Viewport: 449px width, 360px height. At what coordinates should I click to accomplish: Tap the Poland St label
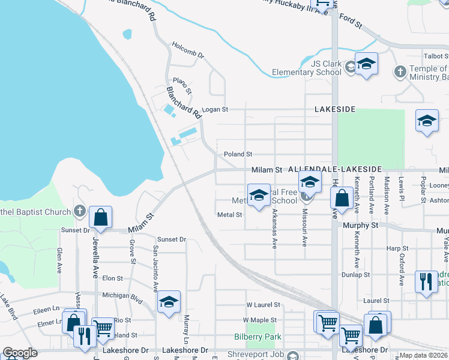pyautogui.click(x=238, y=155)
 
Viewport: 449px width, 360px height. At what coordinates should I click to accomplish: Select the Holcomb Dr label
pyautogui.click(x=188, y=50)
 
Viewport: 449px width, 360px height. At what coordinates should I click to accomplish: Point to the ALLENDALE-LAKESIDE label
pyautogui.click(x=335, y=170)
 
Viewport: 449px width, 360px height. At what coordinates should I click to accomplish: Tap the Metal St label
pyautogui.click(x=229, y=215)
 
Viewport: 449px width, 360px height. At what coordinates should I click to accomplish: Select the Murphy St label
pyautogui.click(x=361, y=226)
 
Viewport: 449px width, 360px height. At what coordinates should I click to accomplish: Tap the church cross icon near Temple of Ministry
pyautogui.click(x=400, y=72)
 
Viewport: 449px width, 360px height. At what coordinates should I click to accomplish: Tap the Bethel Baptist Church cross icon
pyautogui.click(x=79, y=211)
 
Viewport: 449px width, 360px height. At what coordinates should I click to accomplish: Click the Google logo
pyautogui.click(x=20, y=353)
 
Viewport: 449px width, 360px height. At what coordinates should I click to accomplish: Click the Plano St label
pyautogui.click(x=182, y=86)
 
